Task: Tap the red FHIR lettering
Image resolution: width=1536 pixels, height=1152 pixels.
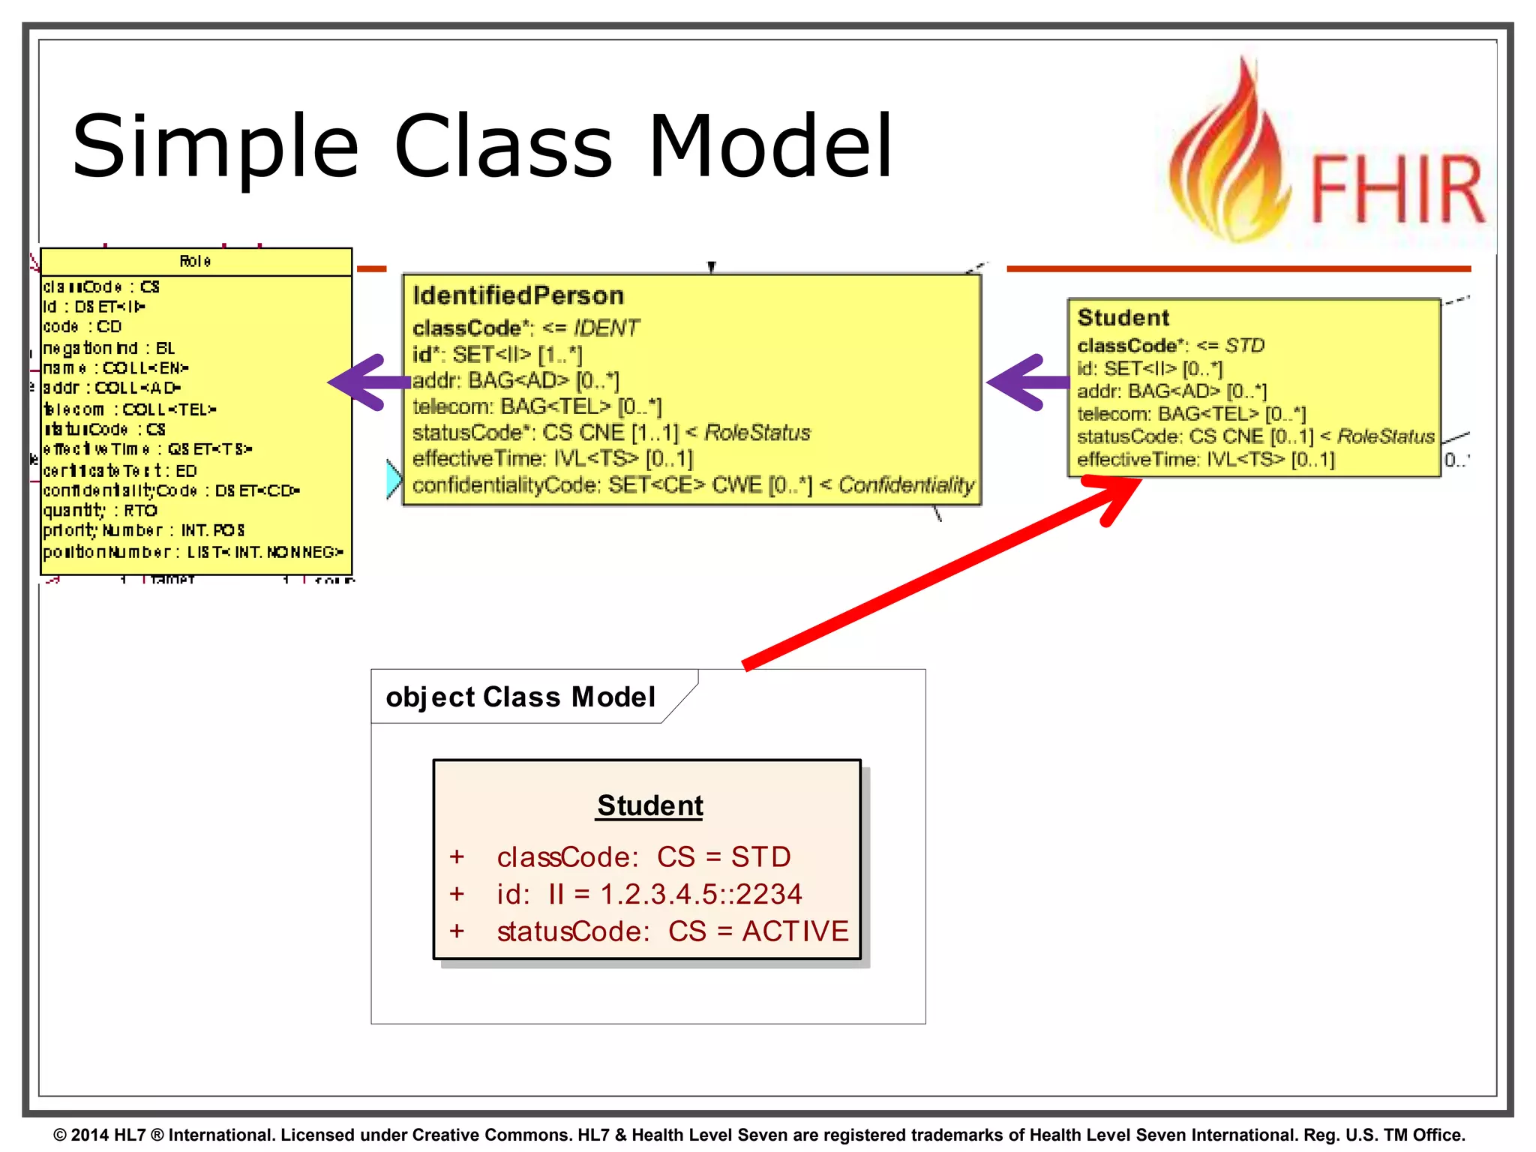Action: click(1396, 189)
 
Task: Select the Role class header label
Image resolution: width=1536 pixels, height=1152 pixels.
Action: click(195, 261)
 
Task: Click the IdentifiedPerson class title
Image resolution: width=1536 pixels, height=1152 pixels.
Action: click(518, 295)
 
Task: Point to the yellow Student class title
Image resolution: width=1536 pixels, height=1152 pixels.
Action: click(1123, 317)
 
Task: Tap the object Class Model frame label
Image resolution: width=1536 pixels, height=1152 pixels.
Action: click(520, 697)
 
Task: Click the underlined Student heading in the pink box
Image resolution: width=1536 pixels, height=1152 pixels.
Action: click(649, 805)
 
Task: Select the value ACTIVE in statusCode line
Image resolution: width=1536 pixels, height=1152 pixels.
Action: click(795, 931)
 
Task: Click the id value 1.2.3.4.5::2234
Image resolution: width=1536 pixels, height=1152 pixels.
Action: click(701, 894)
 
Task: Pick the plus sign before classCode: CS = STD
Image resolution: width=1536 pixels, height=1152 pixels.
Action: click(457, 856)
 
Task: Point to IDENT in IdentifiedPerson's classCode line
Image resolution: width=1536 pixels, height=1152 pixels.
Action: click(606, 328)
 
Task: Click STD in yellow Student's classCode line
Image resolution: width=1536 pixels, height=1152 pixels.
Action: click(1244, 345)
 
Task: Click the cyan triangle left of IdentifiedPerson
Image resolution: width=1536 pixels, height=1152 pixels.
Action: click(393, 478)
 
